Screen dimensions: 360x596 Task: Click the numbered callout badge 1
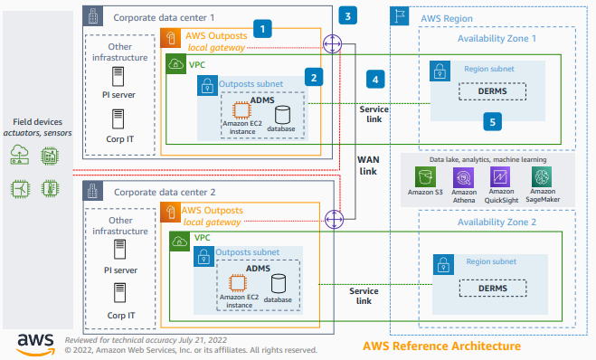coord(262,29)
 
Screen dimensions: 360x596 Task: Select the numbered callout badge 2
coord(314,78)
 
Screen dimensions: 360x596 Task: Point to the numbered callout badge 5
coord(492,120)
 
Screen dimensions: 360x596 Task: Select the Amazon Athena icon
coord(463,177)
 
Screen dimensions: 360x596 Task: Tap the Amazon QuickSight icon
coord(500,177)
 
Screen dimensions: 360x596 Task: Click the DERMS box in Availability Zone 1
coord(491,91)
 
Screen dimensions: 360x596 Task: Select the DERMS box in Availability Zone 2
coord(491,288)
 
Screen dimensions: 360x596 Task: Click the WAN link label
coord(368,166)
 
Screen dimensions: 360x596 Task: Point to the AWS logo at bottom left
coord(34,342)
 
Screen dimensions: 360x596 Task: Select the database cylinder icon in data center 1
coord(282,114)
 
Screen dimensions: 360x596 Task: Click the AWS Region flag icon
coord(401,16)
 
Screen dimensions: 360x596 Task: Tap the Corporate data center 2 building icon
coord(93,192)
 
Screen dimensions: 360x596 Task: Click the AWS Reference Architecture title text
coord(441,346)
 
